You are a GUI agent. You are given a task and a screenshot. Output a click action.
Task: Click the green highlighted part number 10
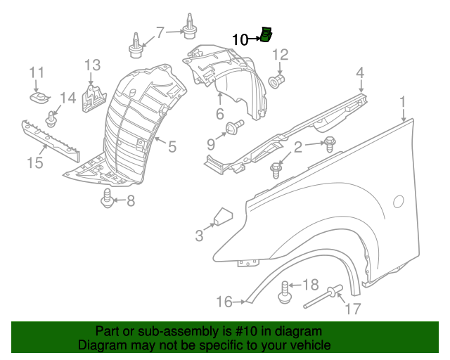(266, 34)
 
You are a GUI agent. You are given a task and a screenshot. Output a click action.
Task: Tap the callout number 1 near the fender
(404, 103)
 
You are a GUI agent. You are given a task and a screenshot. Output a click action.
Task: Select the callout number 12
(281, 54)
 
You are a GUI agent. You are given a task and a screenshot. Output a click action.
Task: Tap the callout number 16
(224, 302)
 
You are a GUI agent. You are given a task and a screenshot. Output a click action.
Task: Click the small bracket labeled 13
(92, 96)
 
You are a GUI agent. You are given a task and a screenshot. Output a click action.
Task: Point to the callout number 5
(171, 146)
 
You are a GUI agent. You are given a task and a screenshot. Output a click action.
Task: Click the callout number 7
(160, 32)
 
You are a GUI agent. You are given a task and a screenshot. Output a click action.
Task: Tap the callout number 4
(359, 72)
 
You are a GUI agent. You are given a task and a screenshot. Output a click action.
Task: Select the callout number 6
(219, 114)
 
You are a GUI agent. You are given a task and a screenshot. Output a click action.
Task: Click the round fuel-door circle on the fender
(398, 202)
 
